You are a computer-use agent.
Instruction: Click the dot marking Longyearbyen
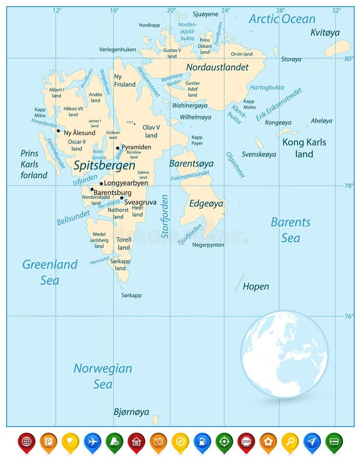coord(101,183)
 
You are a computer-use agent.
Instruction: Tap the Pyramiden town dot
coord(118,148)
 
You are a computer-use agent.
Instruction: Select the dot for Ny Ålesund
coord(58,131)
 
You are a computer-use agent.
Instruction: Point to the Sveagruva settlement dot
coord(122,198)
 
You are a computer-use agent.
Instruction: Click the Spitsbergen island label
coord(104,165)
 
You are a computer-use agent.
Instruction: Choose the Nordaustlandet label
coord(217,67)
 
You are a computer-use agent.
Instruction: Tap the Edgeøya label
coord(206,203)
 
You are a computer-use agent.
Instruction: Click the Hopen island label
coord(256,286)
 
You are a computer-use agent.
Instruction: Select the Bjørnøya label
coord(131,412)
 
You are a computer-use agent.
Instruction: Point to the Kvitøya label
coord(325,32)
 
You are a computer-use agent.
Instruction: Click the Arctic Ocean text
coord(282,19)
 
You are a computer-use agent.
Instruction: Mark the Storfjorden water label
coord(165,216)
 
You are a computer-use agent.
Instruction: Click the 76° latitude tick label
coord(349,316)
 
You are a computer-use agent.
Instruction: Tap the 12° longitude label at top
coord(57,10)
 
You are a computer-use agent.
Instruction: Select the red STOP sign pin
coord(246,442)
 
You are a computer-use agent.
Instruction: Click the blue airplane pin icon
coord(92,442)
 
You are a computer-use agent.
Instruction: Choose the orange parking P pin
coord(49,442)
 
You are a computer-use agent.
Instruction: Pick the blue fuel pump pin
coord(202,442)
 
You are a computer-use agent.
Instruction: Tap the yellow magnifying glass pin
coord(290,442)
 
